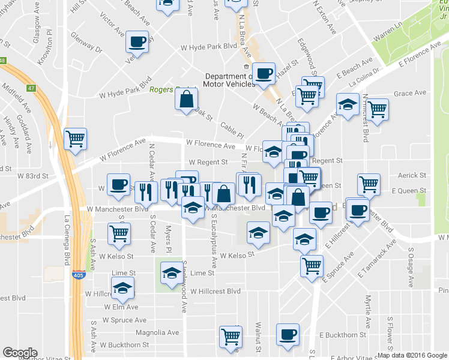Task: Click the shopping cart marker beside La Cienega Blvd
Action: (x=75, y=139)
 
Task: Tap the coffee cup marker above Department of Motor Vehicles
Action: (x=264, y=74)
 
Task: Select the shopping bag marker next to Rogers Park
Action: (x=187, y=99)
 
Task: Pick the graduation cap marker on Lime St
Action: (x=171, y=274)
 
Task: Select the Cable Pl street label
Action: (x=232, y=128)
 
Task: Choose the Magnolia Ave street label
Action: (x=158, y=332)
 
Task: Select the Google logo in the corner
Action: (x=20, y=353)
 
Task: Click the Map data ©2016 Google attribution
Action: (x=411, y=355)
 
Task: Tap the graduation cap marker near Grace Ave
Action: (x=347, y=105)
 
